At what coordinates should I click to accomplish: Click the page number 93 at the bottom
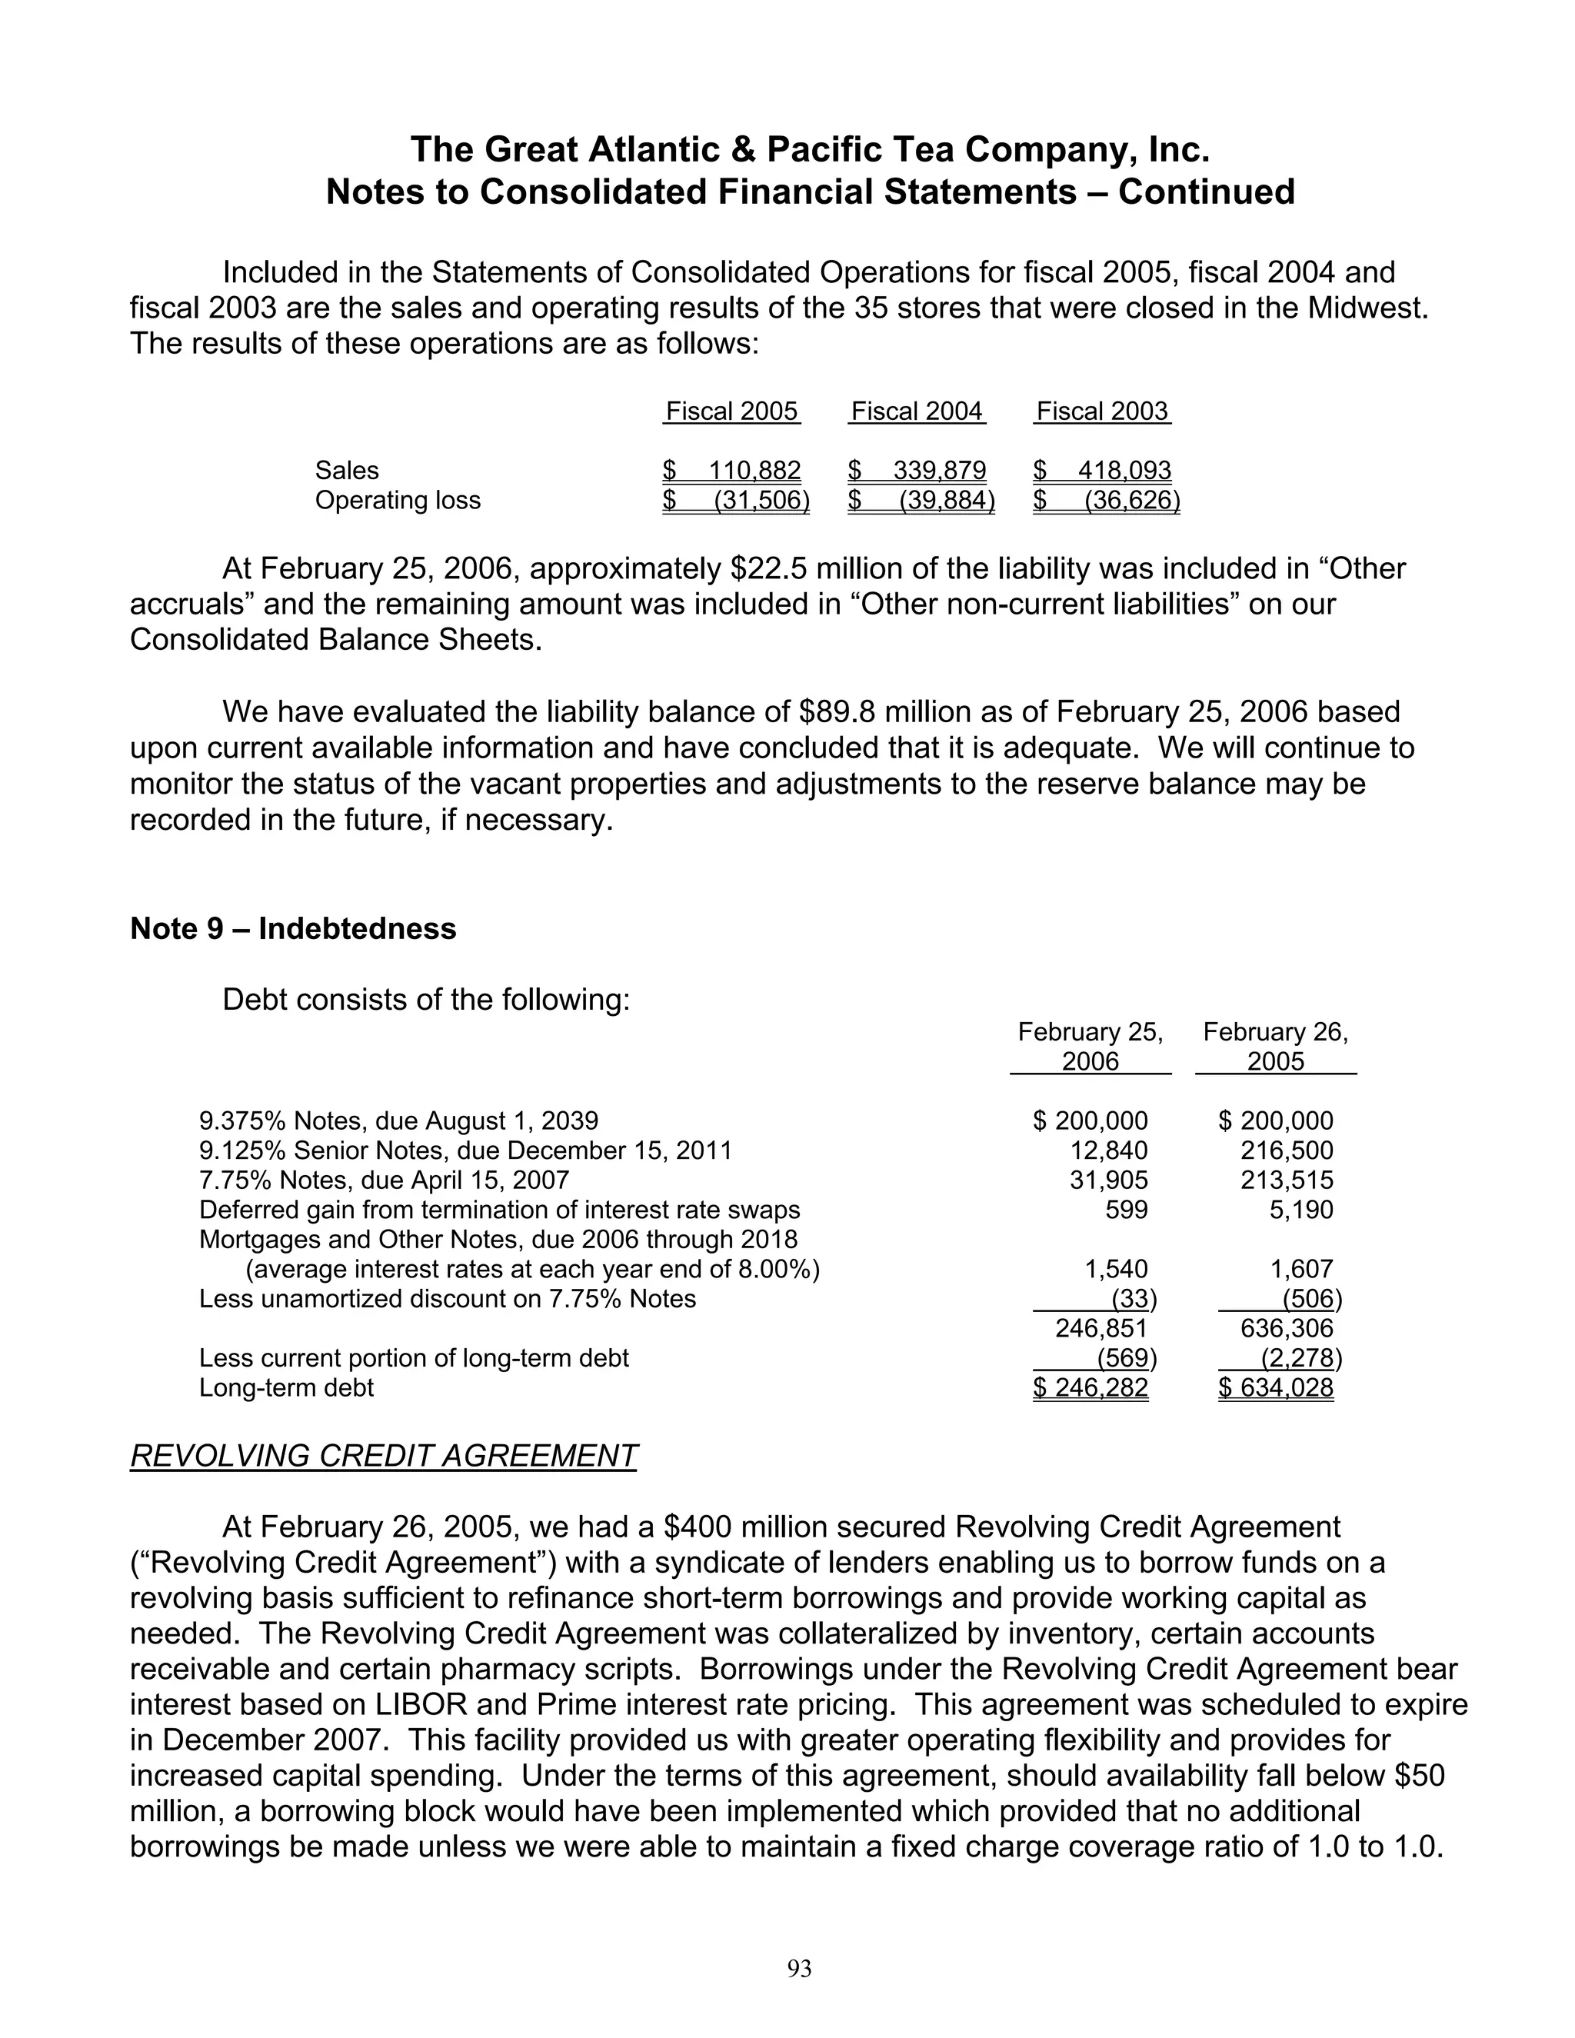[800, 1969]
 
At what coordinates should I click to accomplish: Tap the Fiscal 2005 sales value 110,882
[754, 471]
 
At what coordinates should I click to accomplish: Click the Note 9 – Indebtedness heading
[293, 928]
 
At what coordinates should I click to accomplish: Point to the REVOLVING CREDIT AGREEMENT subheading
[384, 1456]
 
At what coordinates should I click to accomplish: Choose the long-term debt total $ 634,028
[1277, 1387]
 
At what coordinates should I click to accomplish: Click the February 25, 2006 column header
[1090, 1046]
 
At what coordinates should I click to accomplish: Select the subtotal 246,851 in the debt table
[1101, 1329]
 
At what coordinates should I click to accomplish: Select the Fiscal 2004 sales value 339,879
[939, 471]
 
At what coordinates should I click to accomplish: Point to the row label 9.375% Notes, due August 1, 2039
[398, 1121]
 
